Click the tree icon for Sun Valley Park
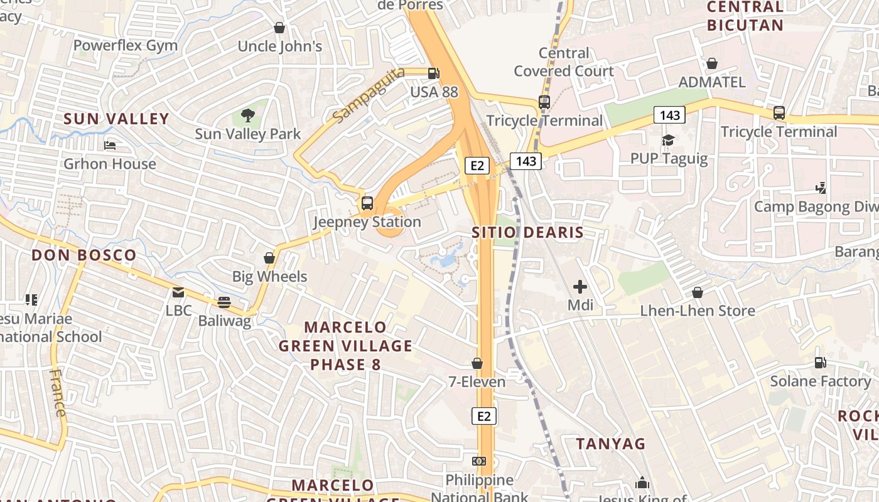(248, 115)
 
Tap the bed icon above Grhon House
(110, 146)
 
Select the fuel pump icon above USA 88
(433, 73)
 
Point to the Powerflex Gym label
(126, 45)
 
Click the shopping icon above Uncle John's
(279, 28)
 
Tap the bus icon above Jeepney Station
(367, 203)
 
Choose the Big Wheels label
(270, 276)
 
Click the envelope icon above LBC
(178, 292)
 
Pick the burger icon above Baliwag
(224, 302)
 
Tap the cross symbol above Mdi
(580, 287)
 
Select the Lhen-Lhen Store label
(698, 311)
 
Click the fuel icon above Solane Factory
(820, 362)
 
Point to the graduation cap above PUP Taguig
(669, 140)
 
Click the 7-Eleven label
(477, 382)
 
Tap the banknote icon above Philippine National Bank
(480, 461)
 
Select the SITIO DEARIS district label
(528, 233)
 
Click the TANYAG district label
(611, 444)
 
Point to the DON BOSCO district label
(84, 255)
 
